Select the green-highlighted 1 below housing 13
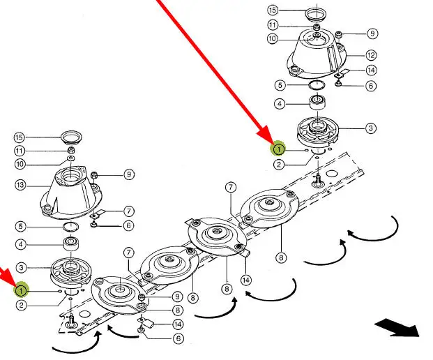pos(22,290)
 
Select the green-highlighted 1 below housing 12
pos(278,149)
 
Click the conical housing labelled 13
pos(70,192)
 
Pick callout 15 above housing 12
pos(272,11)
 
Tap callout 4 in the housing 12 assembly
pos(279,105)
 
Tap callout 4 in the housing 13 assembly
pos(22,245)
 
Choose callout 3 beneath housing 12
pos(370,128)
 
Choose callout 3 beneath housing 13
pos(22,267)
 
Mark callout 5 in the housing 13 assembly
pos(22,226)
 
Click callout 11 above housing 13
pos(20,151)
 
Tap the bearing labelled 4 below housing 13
pos(70,245)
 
